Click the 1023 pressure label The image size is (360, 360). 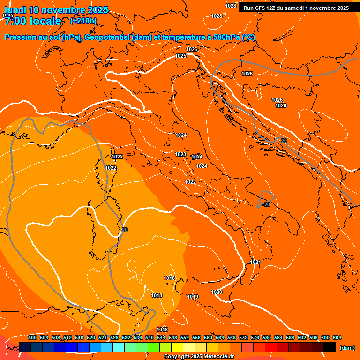[x=180, y=154]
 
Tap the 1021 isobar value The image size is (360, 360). [x=255, y=262]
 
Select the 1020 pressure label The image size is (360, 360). [x=217, y=292]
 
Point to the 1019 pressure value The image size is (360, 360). [x=193, y=297]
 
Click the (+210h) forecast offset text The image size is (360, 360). [x=83, y=21]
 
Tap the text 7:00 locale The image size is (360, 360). [x=33, y=21]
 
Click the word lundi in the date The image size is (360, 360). [x=15, y=10]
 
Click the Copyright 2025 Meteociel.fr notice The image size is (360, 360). [x=199, y=357]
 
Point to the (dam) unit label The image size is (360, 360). [x=347, y=348]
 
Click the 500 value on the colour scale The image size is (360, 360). [x=32, y=337]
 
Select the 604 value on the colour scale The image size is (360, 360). [x=337, y=337]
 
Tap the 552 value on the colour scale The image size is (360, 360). [x=185, y=337]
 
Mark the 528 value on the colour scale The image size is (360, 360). [x=114, y=337]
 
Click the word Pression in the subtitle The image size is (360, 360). [x=22, y=37]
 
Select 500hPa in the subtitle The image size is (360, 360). [x=227, y=37]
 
